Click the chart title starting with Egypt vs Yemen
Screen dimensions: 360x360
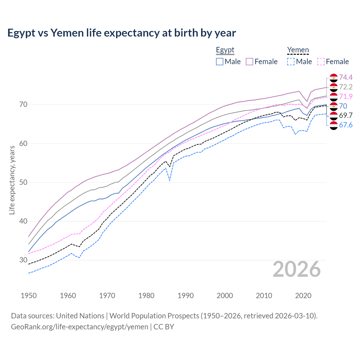click(x=121, y=33)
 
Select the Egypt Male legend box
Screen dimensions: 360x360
click(x=220, y=62)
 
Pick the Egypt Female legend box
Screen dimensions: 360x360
click(x=249, y=62)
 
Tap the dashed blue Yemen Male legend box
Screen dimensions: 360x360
click(x=291, y=62)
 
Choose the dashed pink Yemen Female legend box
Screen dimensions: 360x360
click(x=321, y=62)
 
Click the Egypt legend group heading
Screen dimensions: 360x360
click(x=225, y=50)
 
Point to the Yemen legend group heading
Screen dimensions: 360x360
click(x=298, y=50)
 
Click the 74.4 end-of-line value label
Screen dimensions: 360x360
click(x=346, y=77)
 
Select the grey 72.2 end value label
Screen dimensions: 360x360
click(x=346, y=87)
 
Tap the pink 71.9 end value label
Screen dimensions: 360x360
click(x=346, y=96)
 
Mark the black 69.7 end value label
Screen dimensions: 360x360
click(x=346, y=115)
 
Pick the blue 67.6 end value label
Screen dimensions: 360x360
click(x=346, y=125)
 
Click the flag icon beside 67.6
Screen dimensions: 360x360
click(x=334, y=125)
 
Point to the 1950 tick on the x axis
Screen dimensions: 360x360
click(x=29, y=296)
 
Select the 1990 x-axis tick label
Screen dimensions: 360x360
click(x=186, y=296)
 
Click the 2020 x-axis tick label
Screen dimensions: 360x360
click(x=303, y=296)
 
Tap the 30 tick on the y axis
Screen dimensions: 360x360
click(x=23, y=260)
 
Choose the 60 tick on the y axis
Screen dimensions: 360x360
click(x=23, y=143)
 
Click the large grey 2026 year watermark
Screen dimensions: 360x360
click(x=297, y=269)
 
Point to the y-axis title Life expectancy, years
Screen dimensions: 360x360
click(x=12, y=180)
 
